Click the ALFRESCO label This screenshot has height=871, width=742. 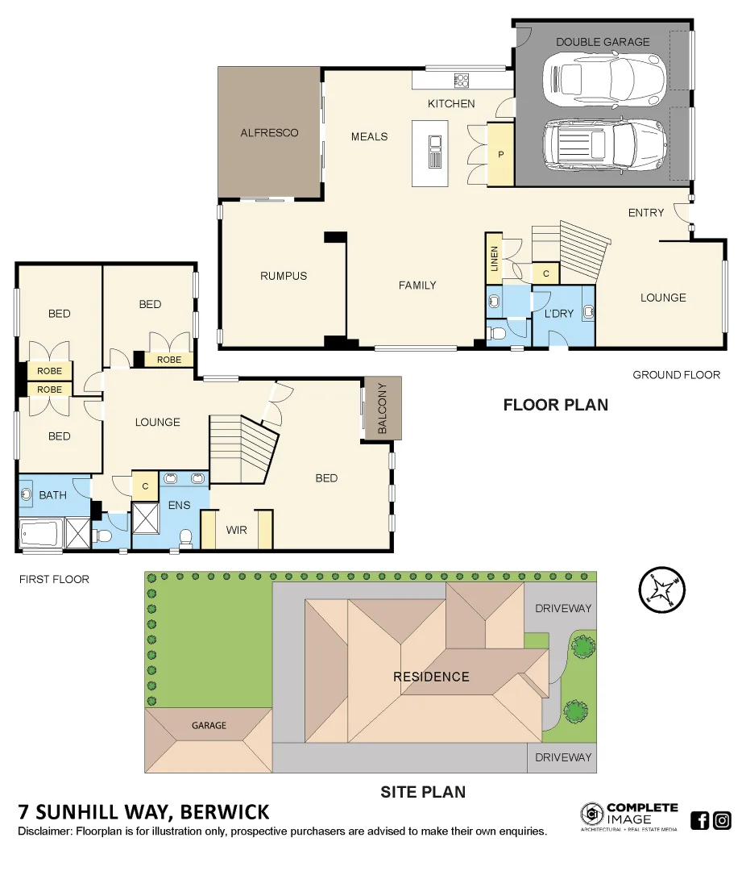coord(269,133)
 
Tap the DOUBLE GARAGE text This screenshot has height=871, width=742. coord(602,42)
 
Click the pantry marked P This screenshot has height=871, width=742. coord(500,154)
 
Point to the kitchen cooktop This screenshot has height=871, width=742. coord(462,80)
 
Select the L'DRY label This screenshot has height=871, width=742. coord(558,313)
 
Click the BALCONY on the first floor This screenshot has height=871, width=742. coord(383,409)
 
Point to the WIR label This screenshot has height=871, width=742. coord(237,530)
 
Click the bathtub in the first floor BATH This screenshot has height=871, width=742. coord(41,534)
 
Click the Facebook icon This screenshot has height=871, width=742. coord(699,821)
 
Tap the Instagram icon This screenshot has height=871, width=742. coord(722,821)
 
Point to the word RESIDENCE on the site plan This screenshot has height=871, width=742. coord(430,677)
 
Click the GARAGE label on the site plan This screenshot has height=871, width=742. coord(209,726)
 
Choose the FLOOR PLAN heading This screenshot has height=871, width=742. coord(555,405)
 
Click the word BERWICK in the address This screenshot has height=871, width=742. coord(225,811)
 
